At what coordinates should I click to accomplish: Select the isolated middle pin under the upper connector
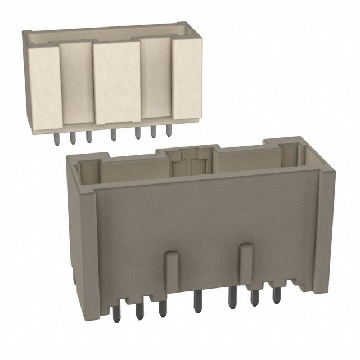113,136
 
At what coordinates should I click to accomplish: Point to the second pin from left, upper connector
73,138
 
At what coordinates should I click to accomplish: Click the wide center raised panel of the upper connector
117,82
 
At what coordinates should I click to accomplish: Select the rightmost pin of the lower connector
276,295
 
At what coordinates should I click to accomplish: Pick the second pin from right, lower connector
255,298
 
